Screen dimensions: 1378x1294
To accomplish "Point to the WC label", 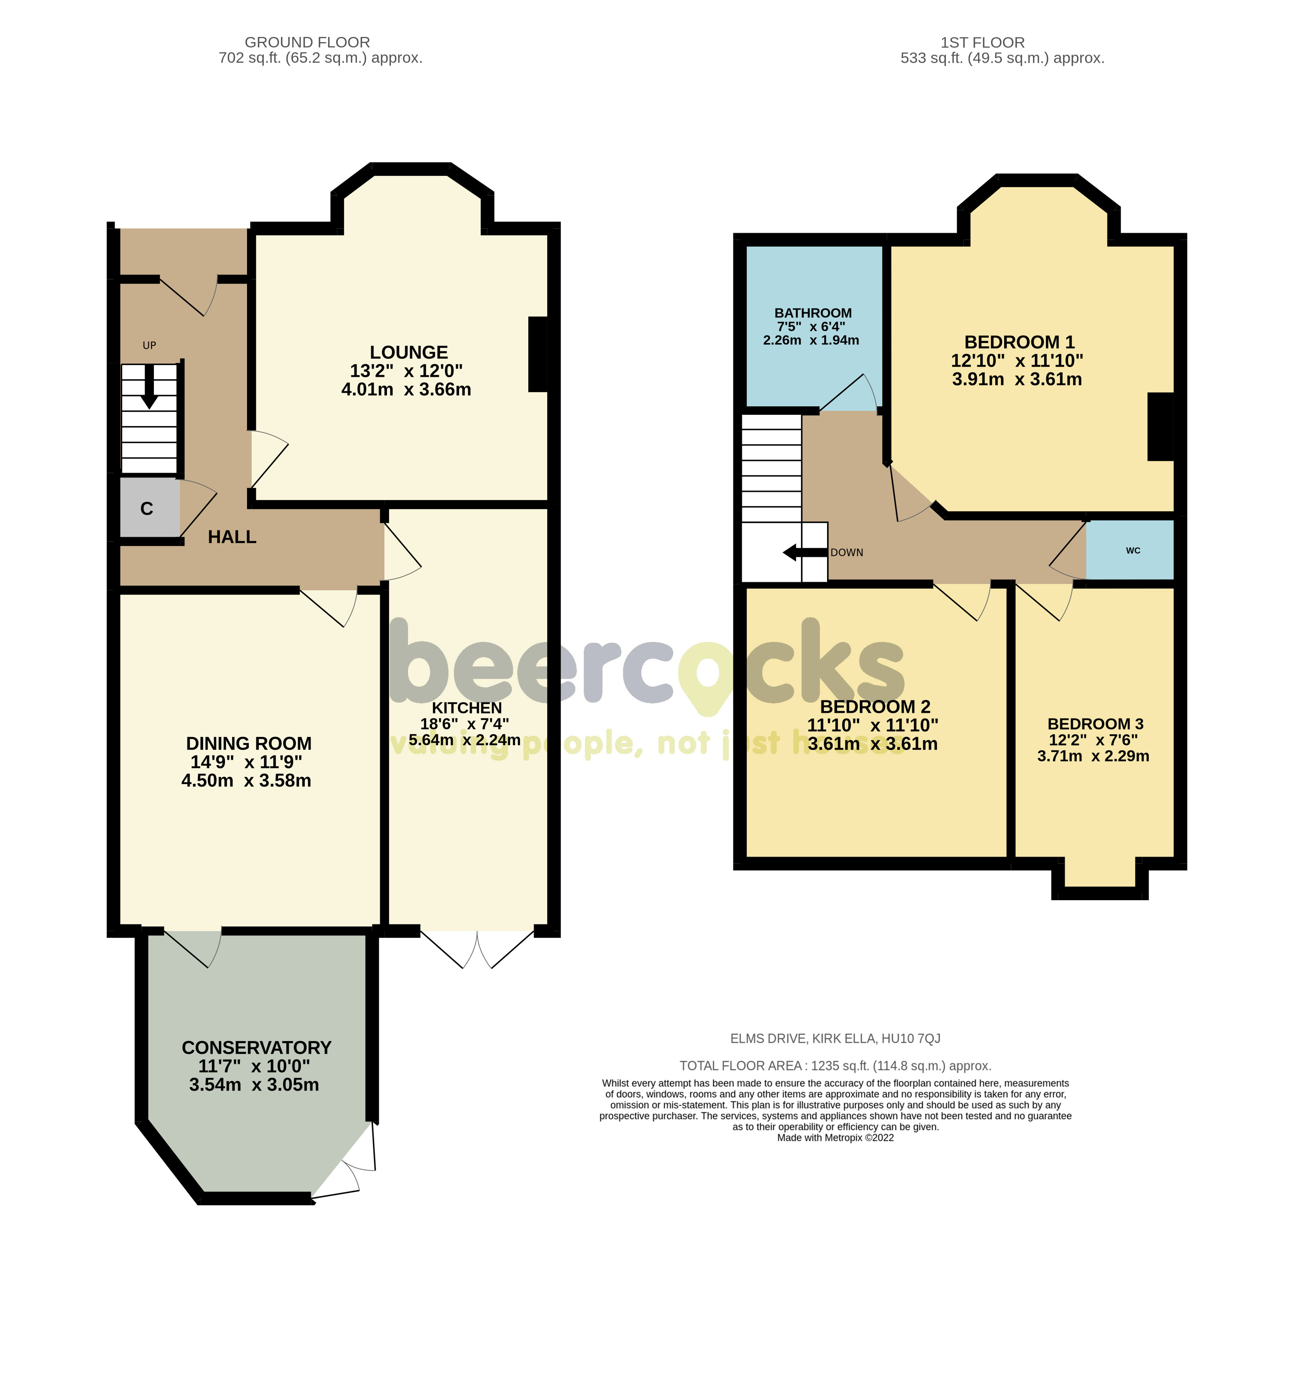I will pyautogui.click(x=1132, y=550).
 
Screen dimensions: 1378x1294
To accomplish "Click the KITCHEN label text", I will pyautogui.click(x=467, y=708).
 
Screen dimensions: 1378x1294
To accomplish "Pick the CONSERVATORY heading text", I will pyautogui.click(x=257, y=1047).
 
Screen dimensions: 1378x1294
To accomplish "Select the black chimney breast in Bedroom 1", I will pyautogui.click(x=1160, y=426).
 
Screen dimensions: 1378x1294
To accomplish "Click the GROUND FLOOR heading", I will pyautogui.click(x=307, y=42).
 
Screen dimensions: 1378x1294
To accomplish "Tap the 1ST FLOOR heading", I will pyautogui.click(x=982, y=42).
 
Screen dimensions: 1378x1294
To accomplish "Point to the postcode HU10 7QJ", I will pyautogui.click(x=910, y=1038).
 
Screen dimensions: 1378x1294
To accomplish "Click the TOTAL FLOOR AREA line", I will pyautogui.click(x=835, y=1066).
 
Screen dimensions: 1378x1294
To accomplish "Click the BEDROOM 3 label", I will pyautogui.click(x=1095, y=724).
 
